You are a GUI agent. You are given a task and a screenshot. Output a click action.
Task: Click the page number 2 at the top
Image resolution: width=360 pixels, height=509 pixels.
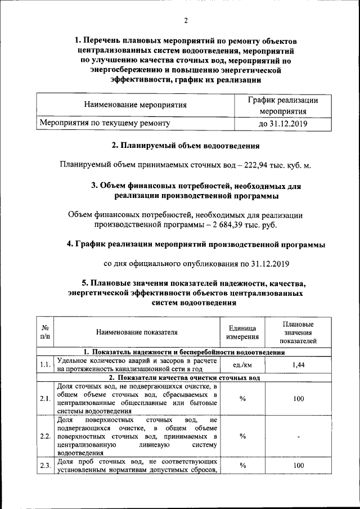coord(185,21)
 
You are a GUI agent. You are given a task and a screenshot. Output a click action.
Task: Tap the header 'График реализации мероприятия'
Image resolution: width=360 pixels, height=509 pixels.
coord(283,105)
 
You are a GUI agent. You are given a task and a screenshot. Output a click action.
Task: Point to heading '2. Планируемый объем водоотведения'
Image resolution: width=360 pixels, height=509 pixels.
coord(185,146)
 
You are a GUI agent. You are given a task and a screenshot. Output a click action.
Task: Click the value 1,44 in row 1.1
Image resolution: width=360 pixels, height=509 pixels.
coord(298,365)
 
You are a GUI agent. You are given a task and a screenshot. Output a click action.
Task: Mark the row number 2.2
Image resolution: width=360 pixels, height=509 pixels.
coord(45,436)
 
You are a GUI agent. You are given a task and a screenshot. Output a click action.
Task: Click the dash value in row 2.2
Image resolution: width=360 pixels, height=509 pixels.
coord(298,436)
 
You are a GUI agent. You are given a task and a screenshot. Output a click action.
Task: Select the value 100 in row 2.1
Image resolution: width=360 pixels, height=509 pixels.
coord(298,399)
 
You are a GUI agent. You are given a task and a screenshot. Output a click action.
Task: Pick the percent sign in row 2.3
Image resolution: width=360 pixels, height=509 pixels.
coord(242,465)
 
